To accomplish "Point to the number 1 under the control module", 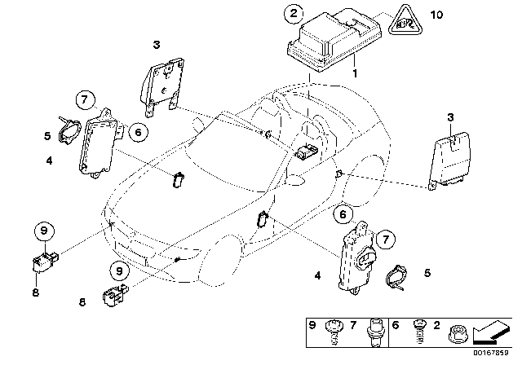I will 355,72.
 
